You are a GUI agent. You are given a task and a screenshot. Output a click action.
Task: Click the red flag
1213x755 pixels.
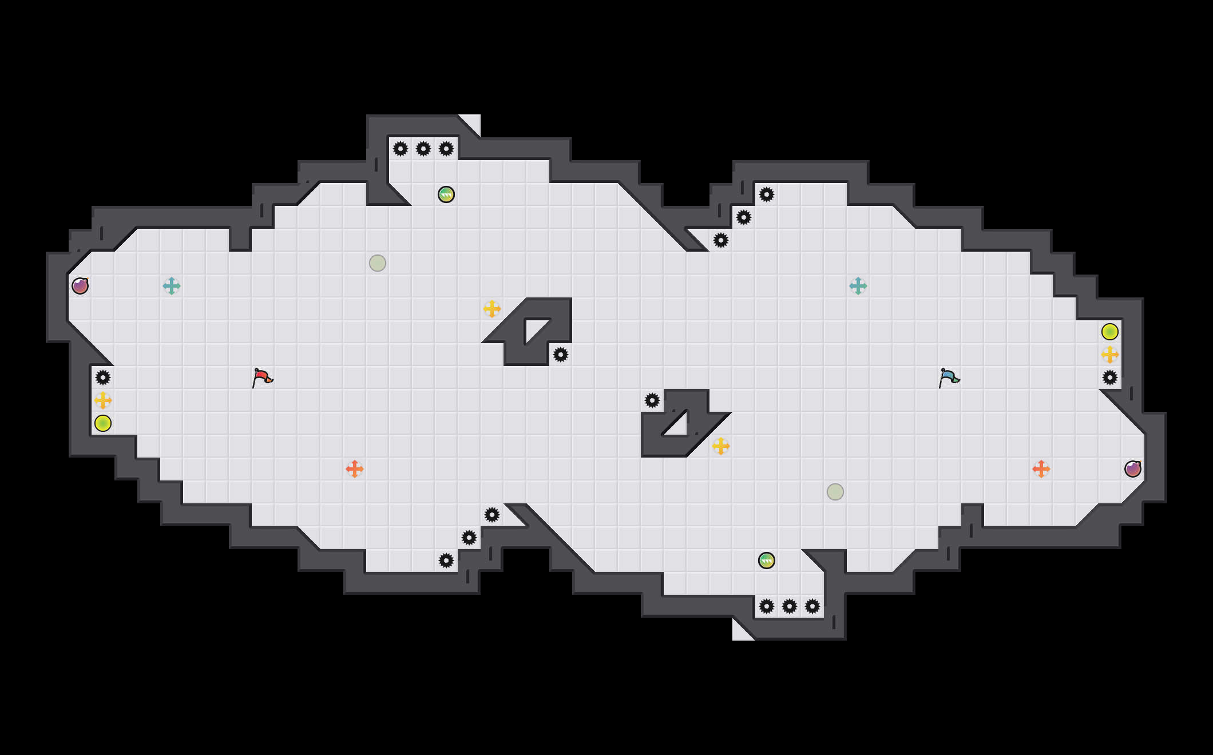coord(263,378)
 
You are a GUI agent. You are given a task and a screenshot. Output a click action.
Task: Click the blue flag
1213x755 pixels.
coord(949,378)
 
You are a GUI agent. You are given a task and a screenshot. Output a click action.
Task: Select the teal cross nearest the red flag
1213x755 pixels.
coord(172,286)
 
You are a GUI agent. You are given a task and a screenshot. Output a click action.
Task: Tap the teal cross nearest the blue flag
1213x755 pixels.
coord(858,286)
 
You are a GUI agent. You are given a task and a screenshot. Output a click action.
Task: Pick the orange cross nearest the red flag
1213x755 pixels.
coord(355,469)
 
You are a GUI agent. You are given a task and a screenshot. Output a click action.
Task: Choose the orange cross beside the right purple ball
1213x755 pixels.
coord(1041,469)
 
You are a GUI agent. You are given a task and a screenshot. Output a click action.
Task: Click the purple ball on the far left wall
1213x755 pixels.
coord(80,286)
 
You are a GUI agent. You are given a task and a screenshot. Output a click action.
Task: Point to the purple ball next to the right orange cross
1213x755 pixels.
coord(1133,469)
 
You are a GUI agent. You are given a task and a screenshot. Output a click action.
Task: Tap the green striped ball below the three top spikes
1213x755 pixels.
coord(446,194)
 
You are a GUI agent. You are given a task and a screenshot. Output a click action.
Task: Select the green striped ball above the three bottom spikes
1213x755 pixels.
coord(767,561)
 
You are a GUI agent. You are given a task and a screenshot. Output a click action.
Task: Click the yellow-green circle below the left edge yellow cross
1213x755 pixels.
coord(103,423)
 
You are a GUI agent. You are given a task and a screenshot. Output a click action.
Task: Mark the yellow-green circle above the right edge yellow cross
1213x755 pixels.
coord(1110,332)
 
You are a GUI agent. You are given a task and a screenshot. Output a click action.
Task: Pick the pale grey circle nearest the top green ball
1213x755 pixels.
coord(378,263)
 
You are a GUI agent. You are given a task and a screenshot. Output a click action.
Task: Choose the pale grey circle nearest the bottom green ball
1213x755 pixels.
coord(835,492)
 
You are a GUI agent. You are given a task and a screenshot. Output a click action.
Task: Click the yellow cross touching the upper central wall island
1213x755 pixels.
coord(492,309)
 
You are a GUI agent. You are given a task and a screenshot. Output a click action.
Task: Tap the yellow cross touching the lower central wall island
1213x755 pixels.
coord(721,446)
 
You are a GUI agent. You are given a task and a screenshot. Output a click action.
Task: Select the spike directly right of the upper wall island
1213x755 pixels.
coord(561,355)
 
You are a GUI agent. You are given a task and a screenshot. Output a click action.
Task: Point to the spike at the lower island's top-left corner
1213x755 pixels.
coord(652,400)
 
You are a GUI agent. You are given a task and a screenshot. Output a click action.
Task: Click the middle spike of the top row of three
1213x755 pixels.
coord(423,149)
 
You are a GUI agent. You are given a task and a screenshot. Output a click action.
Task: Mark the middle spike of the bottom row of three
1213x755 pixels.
coord(790,606)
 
